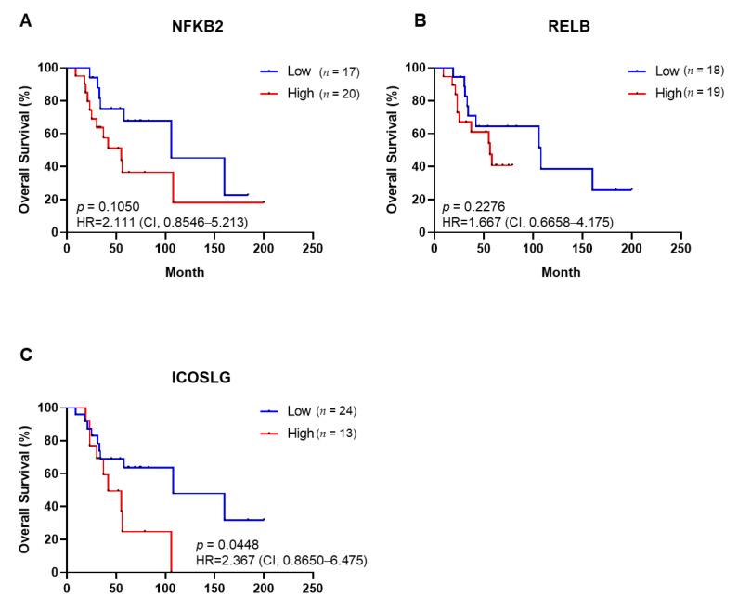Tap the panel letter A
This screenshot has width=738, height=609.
point(25,19)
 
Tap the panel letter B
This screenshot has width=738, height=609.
point(420,19)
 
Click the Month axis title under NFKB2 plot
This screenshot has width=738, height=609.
point(186,272)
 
